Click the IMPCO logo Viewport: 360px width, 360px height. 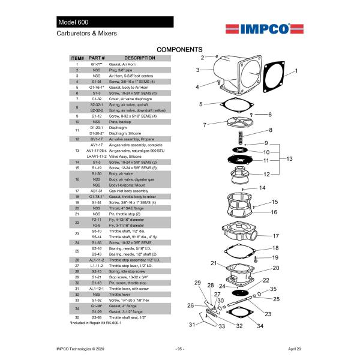[259, 28]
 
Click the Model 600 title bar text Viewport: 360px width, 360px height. [74, 22]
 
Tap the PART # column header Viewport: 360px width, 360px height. [97, 58]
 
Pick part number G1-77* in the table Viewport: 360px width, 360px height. [97, 64]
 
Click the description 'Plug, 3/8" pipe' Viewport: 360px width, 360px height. [123, 70]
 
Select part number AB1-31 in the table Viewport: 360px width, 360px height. [97, 191]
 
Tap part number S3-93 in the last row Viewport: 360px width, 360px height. [97, 317]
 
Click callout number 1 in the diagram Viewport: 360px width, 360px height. [295, 71]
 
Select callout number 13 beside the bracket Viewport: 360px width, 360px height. [289, 159]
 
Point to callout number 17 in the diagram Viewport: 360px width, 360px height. [275, 236]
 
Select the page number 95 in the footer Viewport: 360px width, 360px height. [179, 349]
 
